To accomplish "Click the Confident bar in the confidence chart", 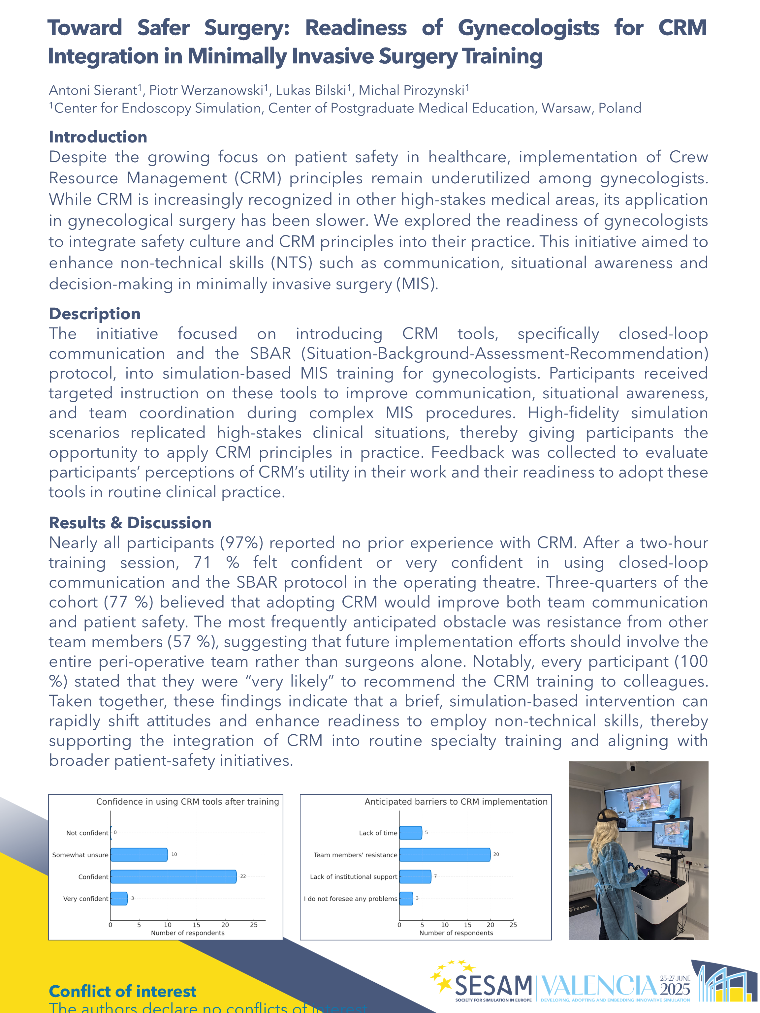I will click(173, 876).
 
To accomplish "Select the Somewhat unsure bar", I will click(139, 854).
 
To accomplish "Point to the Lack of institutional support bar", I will click(415, 876).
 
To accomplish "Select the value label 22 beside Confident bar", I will click(243, 876).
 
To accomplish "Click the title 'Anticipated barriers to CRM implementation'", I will click(456, 801).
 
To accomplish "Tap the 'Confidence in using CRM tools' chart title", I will click(187, 801).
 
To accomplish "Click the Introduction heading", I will click(98, 137).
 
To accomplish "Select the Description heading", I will click(95, 314).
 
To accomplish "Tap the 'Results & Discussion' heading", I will click(130, 523).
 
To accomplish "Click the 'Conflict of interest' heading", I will click(122, 991).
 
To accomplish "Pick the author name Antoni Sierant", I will click(93, 90).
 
